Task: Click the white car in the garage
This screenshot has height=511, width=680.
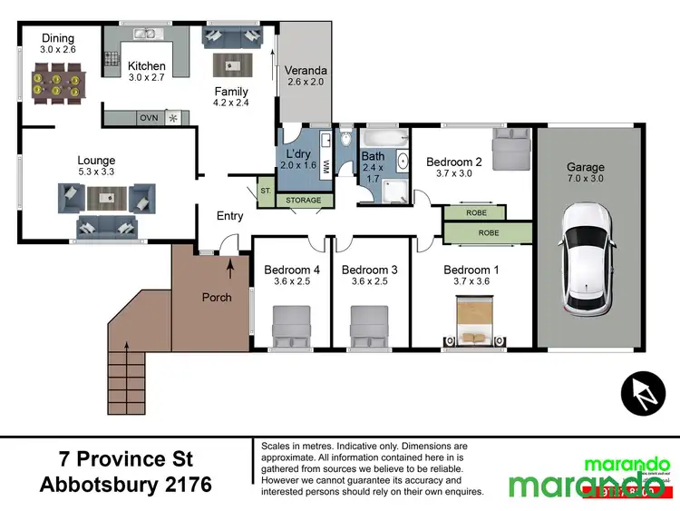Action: (588, 258)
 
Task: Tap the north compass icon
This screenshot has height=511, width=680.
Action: (643, 394)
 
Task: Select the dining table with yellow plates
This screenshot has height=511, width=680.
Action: (53, 84)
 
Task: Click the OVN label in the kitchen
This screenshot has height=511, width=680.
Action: (149, 118)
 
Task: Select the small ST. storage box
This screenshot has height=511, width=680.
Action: (266, 192)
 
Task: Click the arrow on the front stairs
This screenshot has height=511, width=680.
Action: (127, 349)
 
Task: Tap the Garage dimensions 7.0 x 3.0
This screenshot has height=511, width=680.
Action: (586, 179)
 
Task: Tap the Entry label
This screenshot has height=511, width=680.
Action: (230, 215)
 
